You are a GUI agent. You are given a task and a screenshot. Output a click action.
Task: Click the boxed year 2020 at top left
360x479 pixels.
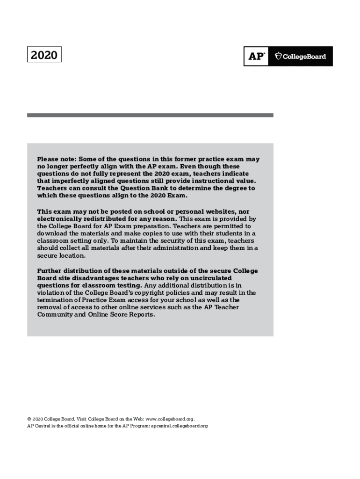[44, 56]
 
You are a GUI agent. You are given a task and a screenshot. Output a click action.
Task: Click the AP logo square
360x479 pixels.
[256, 56]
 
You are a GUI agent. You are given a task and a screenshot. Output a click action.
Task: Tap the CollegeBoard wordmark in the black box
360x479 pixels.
[301, 56]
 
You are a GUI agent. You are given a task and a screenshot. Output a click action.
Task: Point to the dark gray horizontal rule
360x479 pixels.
[150, 115]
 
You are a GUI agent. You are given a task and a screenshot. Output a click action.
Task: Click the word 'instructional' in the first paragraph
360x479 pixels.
[209, 181]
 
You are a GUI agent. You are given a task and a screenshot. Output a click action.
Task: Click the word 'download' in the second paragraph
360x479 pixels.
[53, 233]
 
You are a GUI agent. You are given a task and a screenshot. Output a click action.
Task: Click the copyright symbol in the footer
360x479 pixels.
[29, 419]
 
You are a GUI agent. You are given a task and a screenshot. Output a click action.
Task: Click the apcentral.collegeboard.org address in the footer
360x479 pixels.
[179, 426]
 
